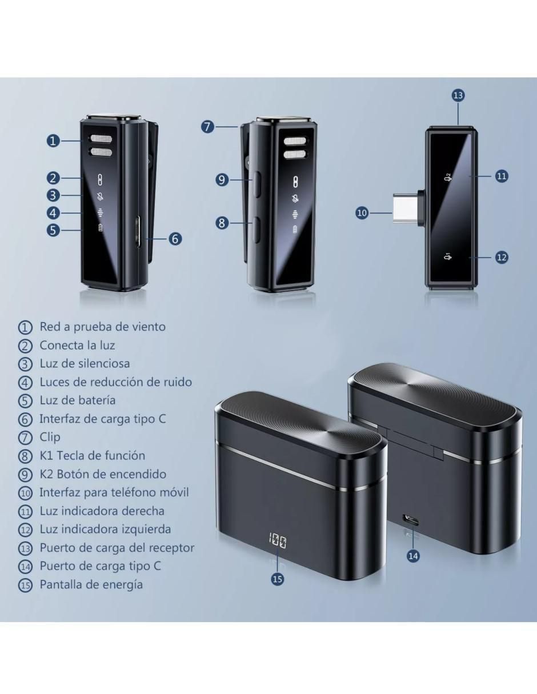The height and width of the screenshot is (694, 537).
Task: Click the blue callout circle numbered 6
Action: pyautogui.click(x=175, y=239)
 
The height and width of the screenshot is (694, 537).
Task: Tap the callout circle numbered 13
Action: pyautogui.click(x=458, y=95)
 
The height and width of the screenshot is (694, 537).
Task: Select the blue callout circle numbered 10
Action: pyautogui.click(x=362, y=213)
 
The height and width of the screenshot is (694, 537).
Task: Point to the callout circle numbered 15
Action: pyautogui.click(x=278, y=579)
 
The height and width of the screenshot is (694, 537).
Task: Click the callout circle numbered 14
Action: pyautogui.click(x=413, y=556)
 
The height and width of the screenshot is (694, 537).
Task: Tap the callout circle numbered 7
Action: pyautogui.click(x=208, y=127)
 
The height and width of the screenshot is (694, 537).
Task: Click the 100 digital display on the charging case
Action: pyautogui.click(x=277, y=540)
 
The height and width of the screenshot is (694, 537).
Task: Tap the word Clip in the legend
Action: pyautogui.click(x=50, y=437)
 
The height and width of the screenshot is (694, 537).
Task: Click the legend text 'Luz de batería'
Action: pyautogui.click(x=77, y=400)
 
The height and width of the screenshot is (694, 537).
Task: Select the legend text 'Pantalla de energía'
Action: pyautogui.click(x=91, y=584)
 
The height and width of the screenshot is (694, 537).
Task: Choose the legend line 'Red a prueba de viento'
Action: pyautogui.click(x=102, y=327)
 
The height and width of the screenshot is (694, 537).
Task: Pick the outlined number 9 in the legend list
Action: pyautogui.click(x=25, y=475)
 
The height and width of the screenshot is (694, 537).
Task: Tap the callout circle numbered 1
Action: pyautogui.click(x=53, y=141)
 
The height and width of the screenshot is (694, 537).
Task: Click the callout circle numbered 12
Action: pyautogui.click(x=502, y=257)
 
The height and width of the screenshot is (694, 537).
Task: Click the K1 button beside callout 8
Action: pyautogui.click(x=257, y=229)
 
